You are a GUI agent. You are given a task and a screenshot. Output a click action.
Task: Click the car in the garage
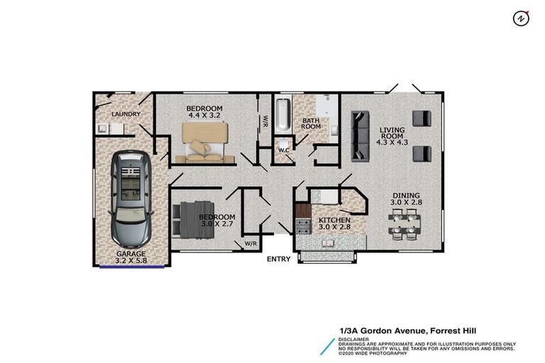click(131, 196)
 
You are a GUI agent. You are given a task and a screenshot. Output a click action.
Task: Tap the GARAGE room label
click(131, 252)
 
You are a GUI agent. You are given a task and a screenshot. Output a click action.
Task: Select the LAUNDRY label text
click(126, 114)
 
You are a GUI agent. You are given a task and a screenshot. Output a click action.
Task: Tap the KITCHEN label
click(334, 220)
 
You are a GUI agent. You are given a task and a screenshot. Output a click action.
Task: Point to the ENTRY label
click(278, 259)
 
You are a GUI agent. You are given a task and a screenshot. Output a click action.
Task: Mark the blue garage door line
click(131, 267)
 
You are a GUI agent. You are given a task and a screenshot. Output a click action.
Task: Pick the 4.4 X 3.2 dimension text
click(204, 114)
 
